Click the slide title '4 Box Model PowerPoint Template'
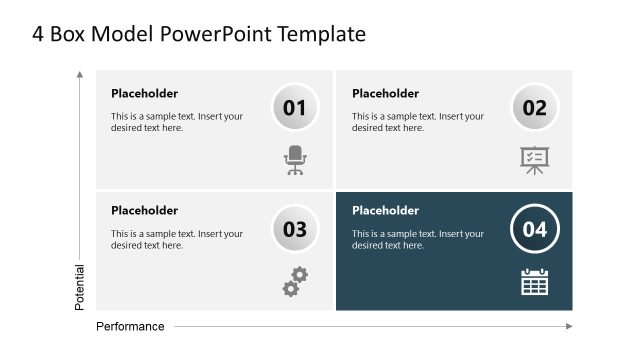click(199, 34)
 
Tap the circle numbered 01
click(295, 108)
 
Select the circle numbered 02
click(535, 108)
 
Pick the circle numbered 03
click(295, 229)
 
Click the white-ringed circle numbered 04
click(535, 229)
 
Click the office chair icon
click(295, 160)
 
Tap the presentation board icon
click(535, 160)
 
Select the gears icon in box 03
click(295, 281)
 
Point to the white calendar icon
click(535, 281)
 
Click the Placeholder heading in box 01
click(144, 94)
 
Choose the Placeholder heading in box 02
click(385, 94)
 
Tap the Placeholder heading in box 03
click(144, 211)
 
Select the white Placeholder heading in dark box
click(385, 211)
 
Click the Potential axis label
click(80, 286)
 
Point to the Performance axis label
click(130, 326)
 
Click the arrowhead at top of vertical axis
click(80, 74)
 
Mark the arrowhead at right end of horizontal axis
click(569, 326)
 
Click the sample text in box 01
click(177, 122)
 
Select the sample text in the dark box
click(418, 239)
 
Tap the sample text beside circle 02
click(418, 122)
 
